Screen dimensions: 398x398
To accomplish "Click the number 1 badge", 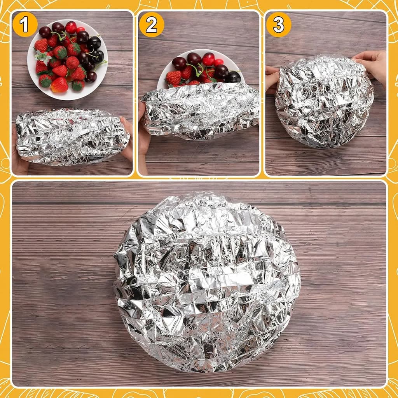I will point(25,24).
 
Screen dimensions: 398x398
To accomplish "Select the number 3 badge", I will point(278,24).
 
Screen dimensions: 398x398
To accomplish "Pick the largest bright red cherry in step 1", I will point(71,27).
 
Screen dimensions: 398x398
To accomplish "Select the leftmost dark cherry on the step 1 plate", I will point(45,31).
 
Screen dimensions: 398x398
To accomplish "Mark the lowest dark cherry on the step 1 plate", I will point(91,77).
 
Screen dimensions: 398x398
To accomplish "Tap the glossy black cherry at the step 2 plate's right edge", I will point(234,77).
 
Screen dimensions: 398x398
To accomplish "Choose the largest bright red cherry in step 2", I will point(208,59).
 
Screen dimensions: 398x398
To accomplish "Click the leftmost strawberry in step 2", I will point(173,78).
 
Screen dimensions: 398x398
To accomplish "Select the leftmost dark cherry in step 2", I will point(179,63).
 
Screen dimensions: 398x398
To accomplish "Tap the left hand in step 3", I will point(272,80).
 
